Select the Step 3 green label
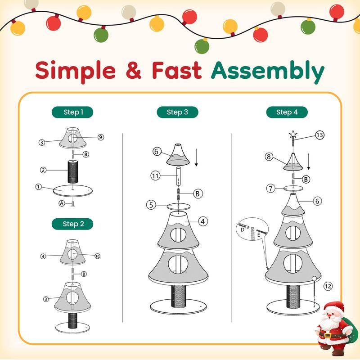tap(177, 112)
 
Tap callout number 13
tap(319, 135)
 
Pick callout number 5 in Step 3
tap(152, 205)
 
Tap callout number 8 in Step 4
tap(270, 157)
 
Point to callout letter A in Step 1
tap(62, 203)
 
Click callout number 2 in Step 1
tap(43, 170)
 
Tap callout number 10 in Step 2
tap(97, 256)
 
